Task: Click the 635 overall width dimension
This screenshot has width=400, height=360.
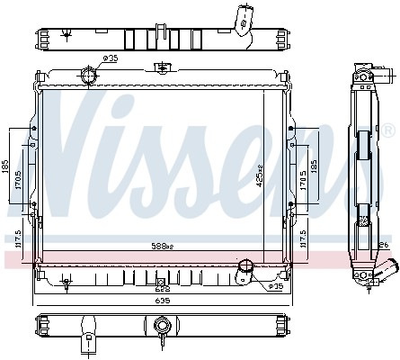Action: [x=163, y=300]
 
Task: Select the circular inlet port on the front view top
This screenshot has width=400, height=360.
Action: [x=90, y=76]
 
